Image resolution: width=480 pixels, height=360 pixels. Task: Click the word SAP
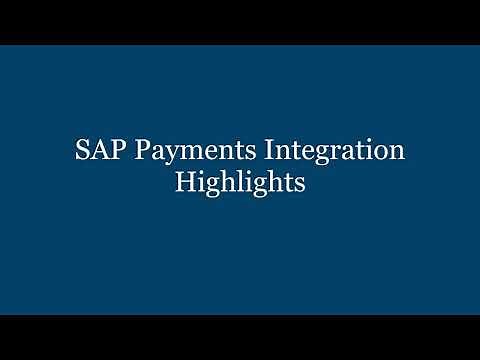click(x=96, y=152)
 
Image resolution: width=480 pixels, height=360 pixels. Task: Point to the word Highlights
click(x=239, y=184)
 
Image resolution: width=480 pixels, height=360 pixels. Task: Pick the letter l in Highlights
click(x=239, y=182)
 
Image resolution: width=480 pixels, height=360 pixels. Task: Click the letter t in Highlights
click(x=284, y=184)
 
